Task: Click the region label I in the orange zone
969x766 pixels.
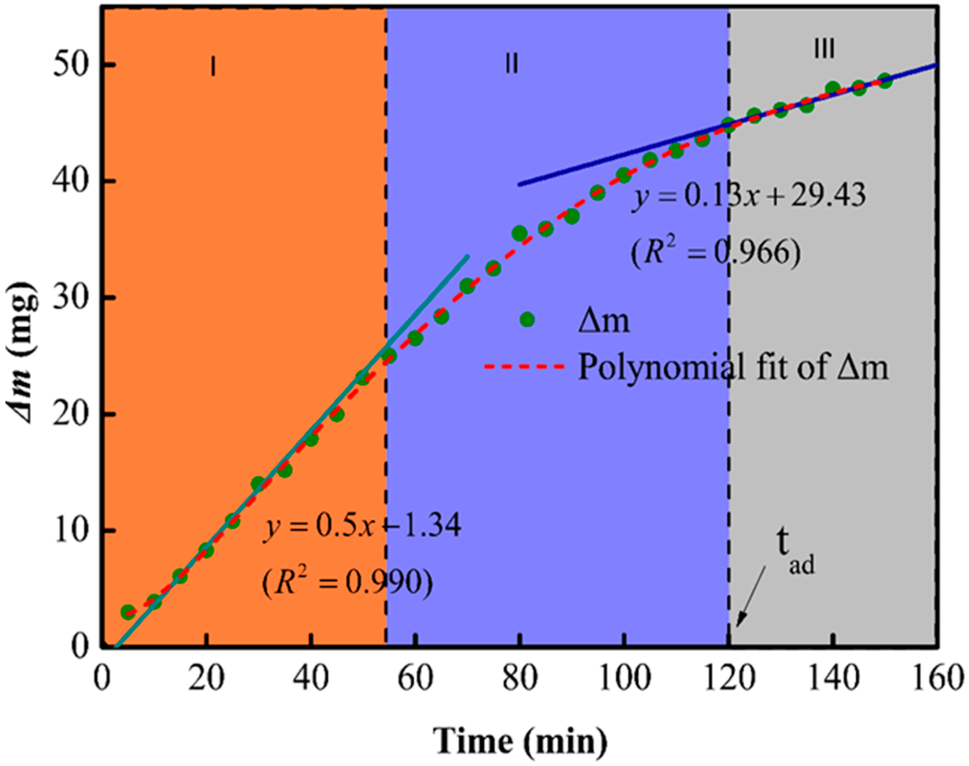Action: (213, 67)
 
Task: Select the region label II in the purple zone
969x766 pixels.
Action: (512, 64)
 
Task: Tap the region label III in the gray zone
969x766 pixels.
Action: (824, 49)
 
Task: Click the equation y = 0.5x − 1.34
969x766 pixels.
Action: (361, 526)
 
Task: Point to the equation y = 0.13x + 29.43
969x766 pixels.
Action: (749, 196)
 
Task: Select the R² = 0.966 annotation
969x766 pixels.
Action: (715, 252)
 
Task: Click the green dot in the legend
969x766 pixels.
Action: (527, 319)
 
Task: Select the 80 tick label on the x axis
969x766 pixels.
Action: (519, 679)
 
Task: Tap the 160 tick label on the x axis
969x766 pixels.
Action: (936, 679)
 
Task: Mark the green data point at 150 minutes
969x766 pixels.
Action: (885, 81)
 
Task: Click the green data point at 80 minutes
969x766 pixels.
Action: (519, 234)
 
